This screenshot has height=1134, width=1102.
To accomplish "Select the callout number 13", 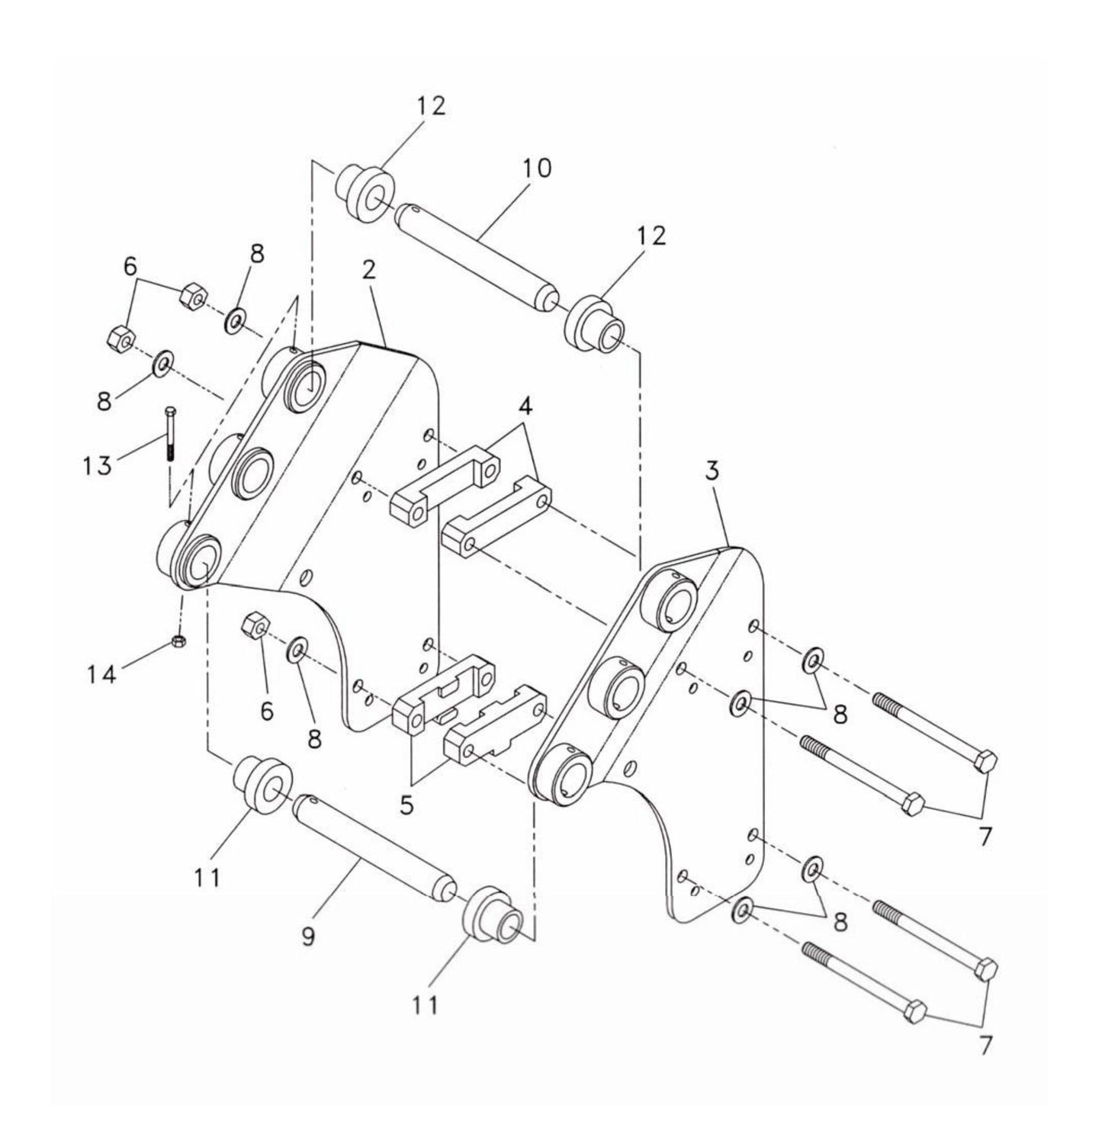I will (98, 463).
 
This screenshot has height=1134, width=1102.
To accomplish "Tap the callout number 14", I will (101, 673).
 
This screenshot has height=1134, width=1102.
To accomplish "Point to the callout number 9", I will (308, 936).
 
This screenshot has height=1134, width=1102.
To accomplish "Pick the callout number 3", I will (712, 471).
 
